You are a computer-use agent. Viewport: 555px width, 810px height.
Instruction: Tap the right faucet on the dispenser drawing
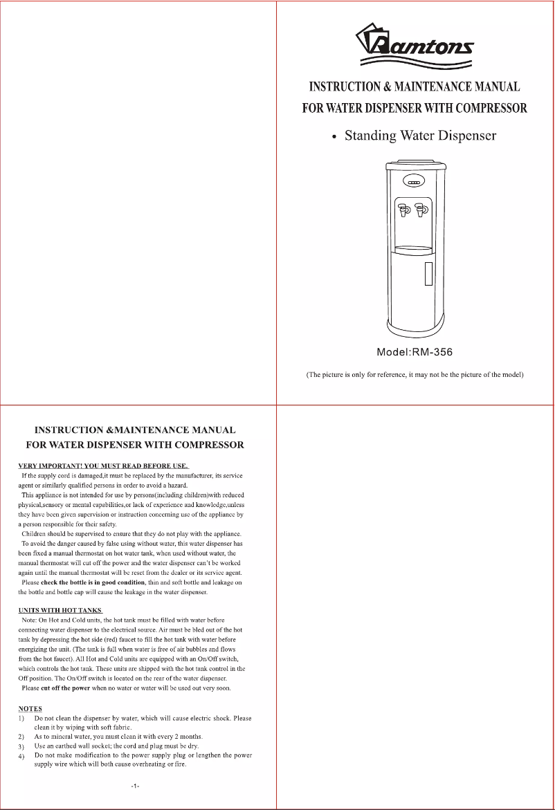point(421,209)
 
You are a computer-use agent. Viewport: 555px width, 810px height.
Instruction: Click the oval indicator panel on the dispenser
point(415,183)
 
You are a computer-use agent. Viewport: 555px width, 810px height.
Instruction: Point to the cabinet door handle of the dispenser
point(429,274)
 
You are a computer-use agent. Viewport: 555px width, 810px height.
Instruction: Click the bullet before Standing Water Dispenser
point(334,137)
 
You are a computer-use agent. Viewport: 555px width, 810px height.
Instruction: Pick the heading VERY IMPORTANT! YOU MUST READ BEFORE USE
point(102,465)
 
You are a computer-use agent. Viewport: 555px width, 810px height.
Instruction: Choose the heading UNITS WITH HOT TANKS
point(60,609)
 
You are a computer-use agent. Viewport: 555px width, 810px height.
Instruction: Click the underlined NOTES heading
point(30,709)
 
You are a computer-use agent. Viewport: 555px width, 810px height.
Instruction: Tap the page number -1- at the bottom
point(135,786)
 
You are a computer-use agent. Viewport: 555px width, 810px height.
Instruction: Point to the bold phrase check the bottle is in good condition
point(93,582)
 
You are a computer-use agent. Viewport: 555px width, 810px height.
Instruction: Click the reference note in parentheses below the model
point(415,376)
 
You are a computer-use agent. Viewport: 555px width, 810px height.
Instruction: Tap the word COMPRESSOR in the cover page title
point(491,108)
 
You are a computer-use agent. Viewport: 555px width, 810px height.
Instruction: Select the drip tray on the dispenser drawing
point(415,247)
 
